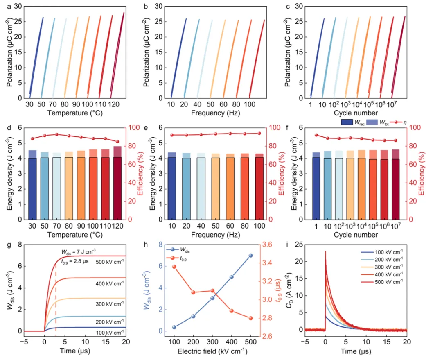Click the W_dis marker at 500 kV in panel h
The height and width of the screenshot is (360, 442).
pos(250,255)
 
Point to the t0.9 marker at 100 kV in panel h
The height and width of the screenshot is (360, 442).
pos(174,267)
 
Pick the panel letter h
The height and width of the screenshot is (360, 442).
pos(147,246)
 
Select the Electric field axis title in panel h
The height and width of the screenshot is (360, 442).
pos(212,351)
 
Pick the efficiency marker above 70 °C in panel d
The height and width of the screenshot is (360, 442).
pos(57,134)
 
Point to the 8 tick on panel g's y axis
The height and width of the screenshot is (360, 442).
pos(17,245)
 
